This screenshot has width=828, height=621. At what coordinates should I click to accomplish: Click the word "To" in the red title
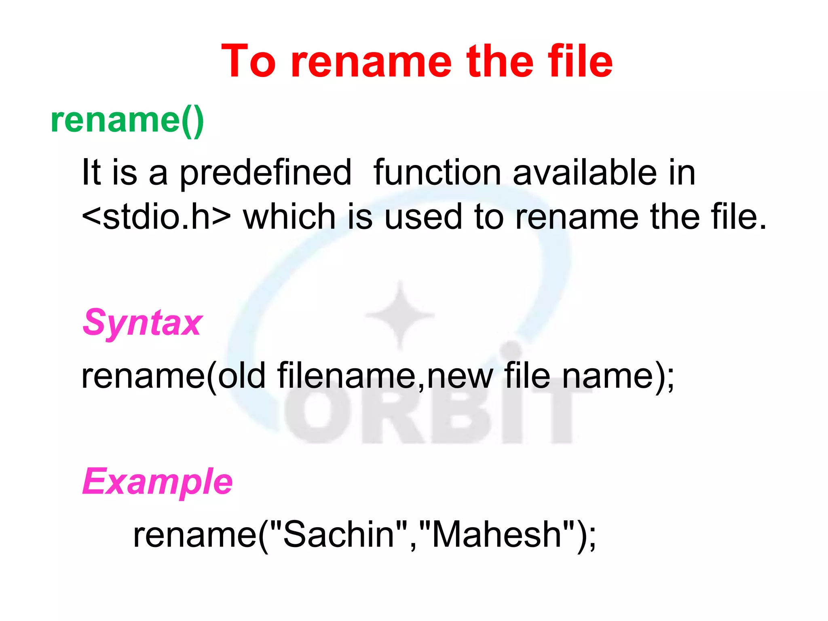point(249,62)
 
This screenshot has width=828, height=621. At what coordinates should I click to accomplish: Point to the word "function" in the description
point(437,173)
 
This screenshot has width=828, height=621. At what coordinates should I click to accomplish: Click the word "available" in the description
point(585,173)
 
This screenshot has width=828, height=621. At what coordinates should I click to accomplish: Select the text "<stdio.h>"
point(156,217)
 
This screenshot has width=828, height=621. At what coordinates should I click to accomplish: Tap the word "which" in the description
point(289,217)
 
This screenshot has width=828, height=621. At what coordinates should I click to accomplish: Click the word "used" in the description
point(422,217)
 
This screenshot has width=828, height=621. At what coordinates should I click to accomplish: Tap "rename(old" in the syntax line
point(173,376)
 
